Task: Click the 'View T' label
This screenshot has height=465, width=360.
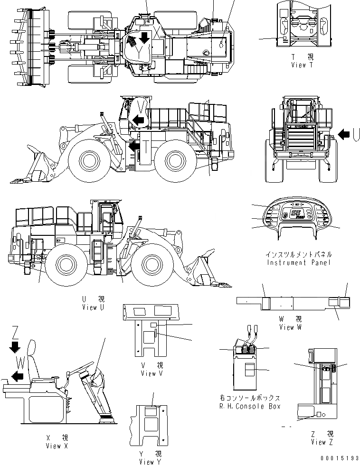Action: (x=302, y=65)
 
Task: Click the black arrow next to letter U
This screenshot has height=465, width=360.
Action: (x=342, y=135)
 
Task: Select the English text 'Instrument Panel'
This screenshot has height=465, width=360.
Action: (x=299, y=262)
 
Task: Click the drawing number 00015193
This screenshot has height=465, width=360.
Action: (x=339, y=459)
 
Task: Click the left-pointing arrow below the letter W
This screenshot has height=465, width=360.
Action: (x=18, y=376)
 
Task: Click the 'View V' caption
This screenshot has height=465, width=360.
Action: (x=152, y=373)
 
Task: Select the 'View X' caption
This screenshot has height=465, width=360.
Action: (x=57, y=446)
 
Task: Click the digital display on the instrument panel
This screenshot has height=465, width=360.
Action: (x=297, y=215)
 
